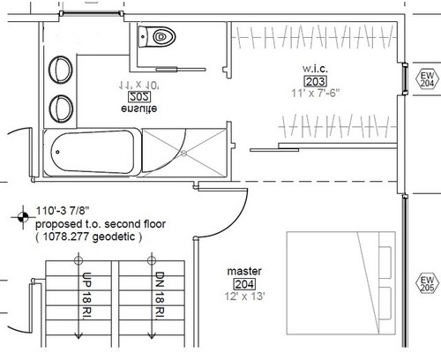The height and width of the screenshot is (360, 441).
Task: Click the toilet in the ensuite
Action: [157, 37]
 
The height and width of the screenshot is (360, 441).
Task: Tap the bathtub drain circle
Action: [57, 152]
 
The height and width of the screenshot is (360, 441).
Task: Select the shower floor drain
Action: [183, 153]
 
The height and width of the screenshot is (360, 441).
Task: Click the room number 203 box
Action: [315, 81]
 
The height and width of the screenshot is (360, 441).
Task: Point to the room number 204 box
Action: [244, 284]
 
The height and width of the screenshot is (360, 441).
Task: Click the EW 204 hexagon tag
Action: [427, 79]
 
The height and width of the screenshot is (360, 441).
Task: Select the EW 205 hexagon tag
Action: [427, 284]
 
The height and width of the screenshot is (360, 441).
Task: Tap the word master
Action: [244, 271]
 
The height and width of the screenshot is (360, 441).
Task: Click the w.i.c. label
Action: [315, 69]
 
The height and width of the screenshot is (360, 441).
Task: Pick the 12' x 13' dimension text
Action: [244, 296]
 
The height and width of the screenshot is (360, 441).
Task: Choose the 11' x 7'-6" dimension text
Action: [316, 94]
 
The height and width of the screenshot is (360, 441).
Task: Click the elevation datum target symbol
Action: [23, 217]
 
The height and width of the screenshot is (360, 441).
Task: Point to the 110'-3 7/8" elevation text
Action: [63, 211]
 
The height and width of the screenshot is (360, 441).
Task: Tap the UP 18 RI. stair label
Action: [87, 295]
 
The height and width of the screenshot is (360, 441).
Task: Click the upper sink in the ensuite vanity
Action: [61, 70]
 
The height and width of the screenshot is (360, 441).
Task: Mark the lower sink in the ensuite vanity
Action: [61, 108]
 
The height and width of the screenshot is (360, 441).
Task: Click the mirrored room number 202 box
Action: [139, 97]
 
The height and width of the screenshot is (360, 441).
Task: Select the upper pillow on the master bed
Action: [385, 262]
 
